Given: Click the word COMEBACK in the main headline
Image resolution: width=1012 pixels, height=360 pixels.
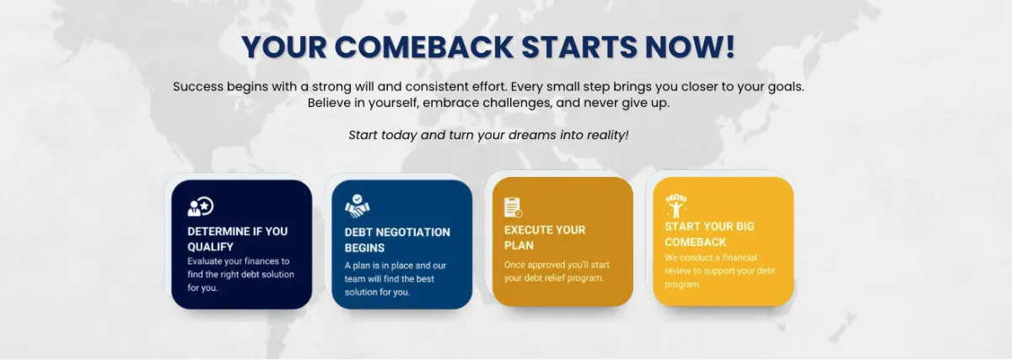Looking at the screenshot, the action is pyautogui.click(x=423, y=47).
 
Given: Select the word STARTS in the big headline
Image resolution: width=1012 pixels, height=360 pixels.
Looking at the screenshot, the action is pyautogui.click(x=579, y=47).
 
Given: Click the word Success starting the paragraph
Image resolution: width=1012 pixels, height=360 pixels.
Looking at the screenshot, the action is pyautogui.click(x=198, y=86).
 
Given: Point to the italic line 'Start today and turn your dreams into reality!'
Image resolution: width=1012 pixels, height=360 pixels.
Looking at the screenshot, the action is pyautogui.click(x=488, y=135).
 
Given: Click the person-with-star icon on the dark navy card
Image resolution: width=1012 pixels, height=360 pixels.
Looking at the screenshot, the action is pyautogui.click(x=201, y=207).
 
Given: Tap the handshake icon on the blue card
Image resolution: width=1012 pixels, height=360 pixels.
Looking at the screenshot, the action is pyautogui.click(x=358, y=206).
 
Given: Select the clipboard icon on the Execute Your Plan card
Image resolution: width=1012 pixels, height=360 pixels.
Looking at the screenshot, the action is pyautogui.click(x=514, y=207).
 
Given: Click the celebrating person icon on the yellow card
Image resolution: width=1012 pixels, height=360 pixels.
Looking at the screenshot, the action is pyautogui.click(x=676, y=206).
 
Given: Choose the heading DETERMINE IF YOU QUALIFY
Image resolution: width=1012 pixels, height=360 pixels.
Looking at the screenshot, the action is pyautogui.click(x=237, y=239).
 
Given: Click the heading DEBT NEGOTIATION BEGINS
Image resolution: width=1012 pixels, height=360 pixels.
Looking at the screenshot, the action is pyautogui.click(x=397, y=239).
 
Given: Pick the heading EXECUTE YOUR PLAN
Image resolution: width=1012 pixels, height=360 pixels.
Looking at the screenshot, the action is pyautogui.click(x=545, y=238).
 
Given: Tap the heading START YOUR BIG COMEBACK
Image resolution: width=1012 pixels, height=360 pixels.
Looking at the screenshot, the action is pyautogui.click(x=709, y=234).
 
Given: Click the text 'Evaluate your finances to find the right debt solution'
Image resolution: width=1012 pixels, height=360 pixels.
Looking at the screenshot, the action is pyautogui.click(x=240, y=268).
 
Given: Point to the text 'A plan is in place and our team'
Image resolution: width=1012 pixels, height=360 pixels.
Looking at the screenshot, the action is pyautogui.click(x=396, y=272).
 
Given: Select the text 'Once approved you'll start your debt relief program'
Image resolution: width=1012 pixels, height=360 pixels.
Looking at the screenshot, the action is pyautogui.click(x=557, y=271).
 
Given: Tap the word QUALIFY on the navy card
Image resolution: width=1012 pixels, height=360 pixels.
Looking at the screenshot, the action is pyautogui.click(x=211, y=247).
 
